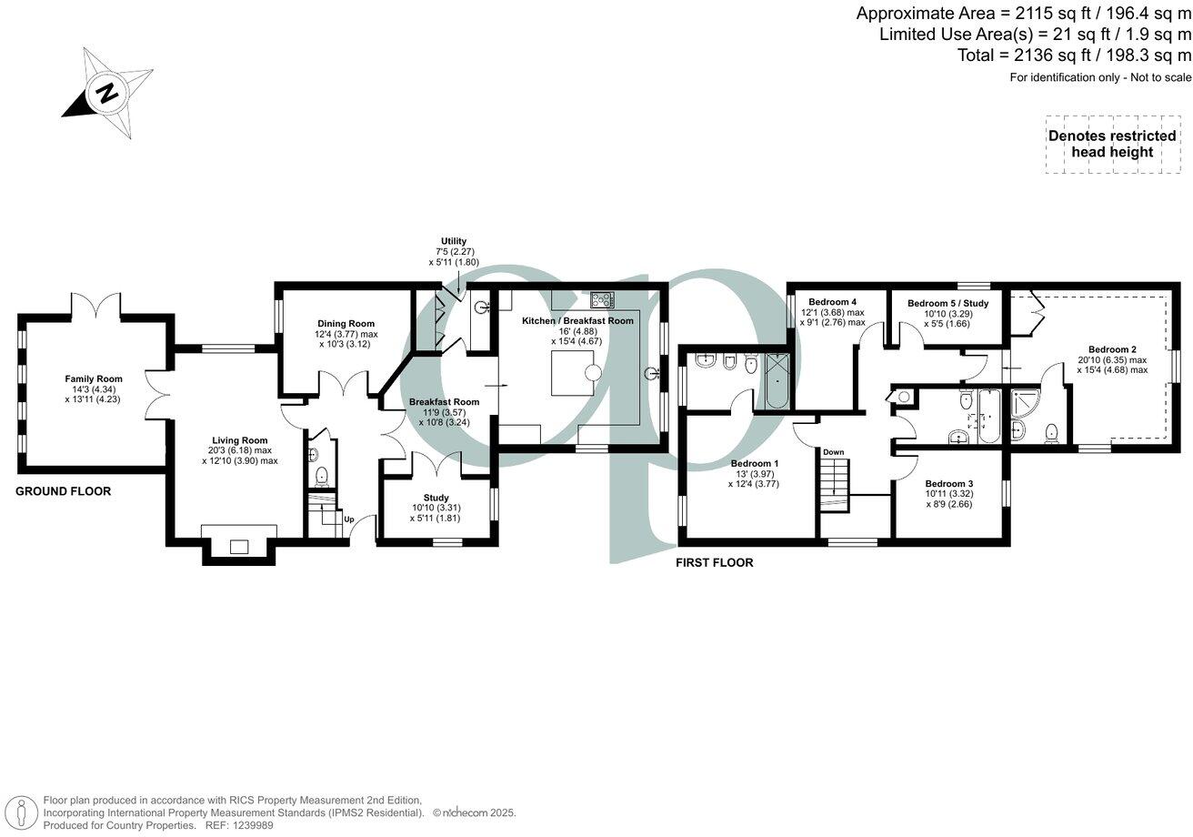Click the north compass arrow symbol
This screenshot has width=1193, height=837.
click(107, 93)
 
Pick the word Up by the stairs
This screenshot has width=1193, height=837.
click(348, 519)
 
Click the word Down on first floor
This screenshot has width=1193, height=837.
click(834, 451)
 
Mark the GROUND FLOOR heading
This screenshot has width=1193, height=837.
click(64, 491)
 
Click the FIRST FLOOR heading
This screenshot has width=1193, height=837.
click(714, 562)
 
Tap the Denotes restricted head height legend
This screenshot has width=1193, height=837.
click(1112, 144)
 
